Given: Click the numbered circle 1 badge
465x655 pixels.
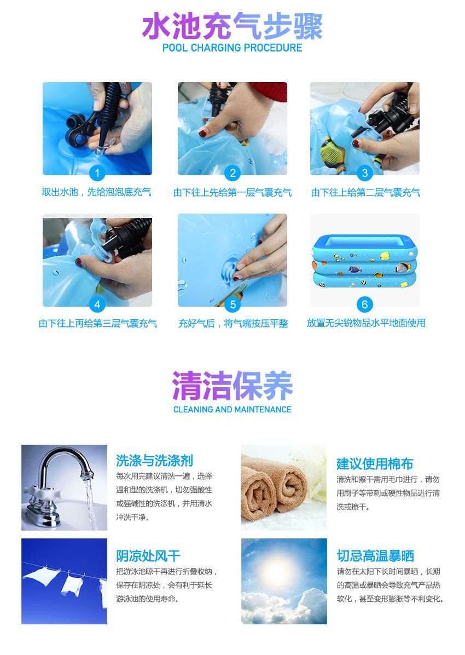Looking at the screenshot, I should [x=97, y=174].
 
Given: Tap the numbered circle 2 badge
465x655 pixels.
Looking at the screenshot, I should [x=233, y=174].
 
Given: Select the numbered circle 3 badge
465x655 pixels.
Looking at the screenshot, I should [x=365, y=174].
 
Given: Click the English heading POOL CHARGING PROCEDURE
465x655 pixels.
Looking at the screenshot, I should [x=232, y=48].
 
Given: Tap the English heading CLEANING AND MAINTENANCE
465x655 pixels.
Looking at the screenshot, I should [x=232, y=409].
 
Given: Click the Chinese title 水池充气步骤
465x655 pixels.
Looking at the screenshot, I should [x=232, y=26].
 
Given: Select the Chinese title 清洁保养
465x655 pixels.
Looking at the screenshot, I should [x=232, y=386].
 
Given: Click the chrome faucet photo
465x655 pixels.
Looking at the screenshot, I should [x=64, y=487].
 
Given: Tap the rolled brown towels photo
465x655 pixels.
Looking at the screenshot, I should [x=283, y=487].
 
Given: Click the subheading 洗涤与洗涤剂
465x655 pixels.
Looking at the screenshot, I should [x=154, y=460].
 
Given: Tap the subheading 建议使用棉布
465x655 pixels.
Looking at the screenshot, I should [x=375, y=464].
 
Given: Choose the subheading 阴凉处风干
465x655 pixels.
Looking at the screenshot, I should [x=148, y=556].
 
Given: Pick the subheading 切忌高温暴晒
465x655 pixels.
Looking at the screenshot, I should [x=375, y=556].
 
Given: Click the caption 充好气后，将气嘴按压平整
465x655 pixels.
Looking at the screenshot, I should [x=233, y=323].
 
